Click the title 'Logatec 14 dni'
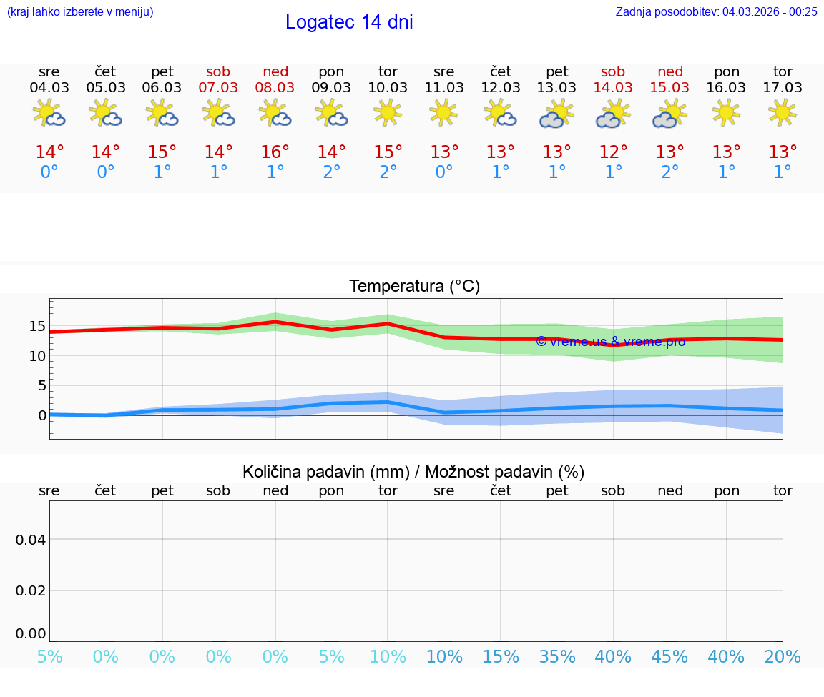click(x=349, y=22)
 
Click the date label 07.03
click(x=219, y=88)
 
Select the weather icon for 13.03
click(x=557, y=114)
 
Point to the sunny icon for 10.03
click(x=388, y=113)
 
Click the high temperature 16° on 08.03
click(x=275, y=152)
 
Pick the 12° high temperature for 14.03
click(x=613, y=152)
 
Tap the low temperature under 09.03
click(x=331, y=172)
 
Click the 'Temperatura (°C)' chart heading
click(x=414, y=287)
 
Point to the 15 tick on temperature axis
click(x=37, y=326)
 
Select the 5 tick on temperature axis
click(x=42, y=386)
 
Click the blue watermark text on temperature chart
click(x=610, y=342)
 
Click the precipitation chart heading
click(x=413, y=472)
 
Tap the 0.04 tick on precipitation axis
click(x=31, y=539)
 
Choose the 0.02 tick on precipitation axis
click(x=31, y=590)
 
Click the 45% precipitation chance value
click(x=669, y=657)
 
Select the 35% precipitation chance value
click(x=557, y=657)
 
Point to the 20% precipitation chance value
click(x=783, y=657)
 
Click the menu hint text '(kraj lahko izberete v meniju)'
click(x=80, y=11)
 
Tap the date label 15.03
click(x=669, y=88)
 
